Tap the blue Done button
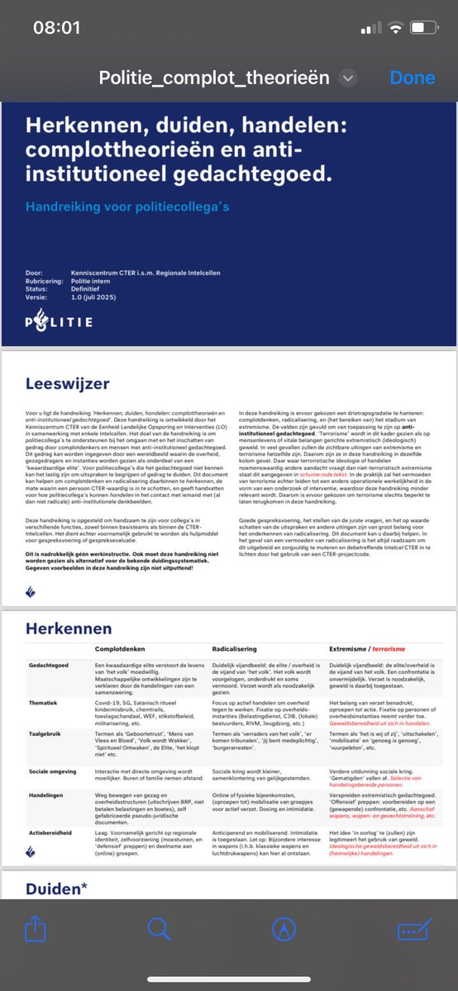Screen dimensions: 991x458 (413, 78)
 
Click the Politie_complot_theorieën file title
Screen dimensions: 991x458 (214, 78)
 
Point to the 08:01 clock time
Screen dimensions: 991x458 (56, 27)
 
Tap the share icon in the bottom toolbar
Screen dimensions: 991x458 (36, 929)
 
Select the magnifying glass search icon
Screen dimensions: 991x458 (159, 929)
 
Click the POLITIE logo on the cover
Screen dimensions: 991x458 (68, 320)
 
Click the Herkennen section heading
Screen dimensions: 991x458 (68, 628)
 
